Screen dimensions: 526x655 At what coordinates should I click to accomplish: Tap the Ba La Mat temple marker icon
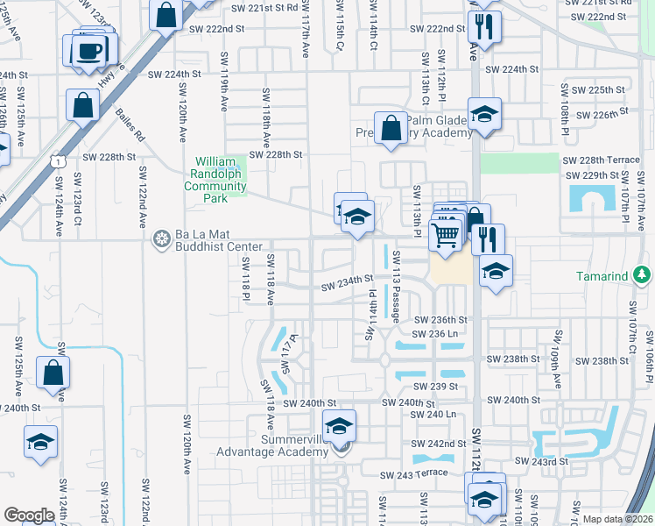(160, 238)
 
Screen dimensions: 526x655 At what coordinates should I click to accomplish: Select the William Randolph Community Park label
(216, 180)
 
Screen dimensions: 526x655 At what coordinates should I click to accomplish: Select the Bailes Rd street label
(128, 127)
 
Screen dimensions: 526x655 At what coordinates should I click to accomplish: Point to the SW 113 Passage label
(397, 285)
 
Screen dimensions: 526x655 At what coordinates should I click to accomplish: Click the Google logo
(29, 515)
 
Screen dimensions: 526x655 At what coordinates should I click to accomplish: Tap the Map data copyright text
(616, 519)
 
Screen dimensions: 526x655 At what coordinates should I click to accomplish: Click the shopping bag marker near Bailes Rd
(81, 107)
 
